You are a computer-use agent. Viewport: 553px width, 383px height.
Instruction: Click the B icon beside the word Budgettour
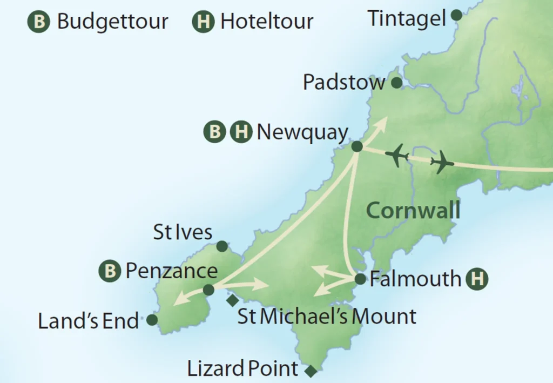pyautogui.click(x=39, y=22)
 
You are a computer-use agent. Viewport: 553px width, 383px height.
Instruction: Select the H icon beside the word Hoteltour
pyautogui.click(x=204, y=22)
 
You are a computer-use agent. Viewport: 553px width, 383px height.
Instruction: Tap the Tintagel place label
pyautogui.click(x=407, y=18)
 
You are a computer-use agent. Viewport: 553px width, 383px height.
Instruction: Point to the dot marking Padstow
pyautogui.click(x=396, y=83)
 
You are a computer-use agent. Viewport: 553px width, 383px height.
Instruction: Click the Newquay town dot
pyautogui.click(x=356, y=146)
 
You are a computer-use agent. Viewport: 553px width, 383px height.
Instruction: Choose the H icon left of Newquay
pyautogui.click(x=241, y=132)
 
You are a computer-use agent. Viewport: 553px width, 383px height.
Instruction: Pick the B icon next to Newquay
pyautogui.click(x=214, y=132)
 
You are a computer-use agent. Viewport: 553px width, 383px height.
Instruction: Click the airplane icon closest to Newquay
pyautogui.click(x=397, y=156)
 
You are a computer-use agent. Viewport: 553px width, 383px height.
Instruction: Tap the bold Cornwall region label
pyautogui.click(x=413, y=210)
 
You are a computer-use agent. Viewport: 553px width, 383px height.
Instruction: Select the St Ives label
pyautogui.click(x=183, y=233)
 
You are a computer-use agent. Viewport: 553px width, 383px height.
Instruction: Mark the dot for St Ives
pyautogui.click(x=221, y=246)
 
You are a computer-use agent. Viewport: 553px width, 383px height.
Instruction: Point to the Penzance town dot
pyautogui.click(x=208, y=290)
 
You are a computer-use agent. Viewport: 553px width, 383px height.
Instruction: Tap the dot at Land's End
pyautogui.click(x=152, y=320)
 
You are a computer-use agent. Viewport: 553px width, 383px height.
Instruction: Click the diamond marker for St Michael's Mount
pyautogui.click(x=232, y=300)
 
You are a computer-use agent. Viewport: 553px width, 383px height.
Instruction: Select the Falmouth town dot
pyautogui.click(x=360, y=279)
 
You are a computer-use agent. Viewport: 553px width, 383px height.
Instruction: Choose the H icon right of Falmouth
pyautogui.click(x=477, y=279)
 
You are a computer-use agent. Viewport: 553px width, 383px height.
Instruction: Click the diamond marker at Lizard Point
pyautogui.click(x=310, y=371)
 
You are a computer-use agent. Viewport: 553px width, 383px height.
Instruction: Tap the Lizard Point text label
pyautogui.click(x=242, y=369)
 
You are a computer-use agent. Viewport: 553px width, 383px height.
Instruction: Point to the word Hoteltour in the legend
pyautogui.click(x=267, y=22)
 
